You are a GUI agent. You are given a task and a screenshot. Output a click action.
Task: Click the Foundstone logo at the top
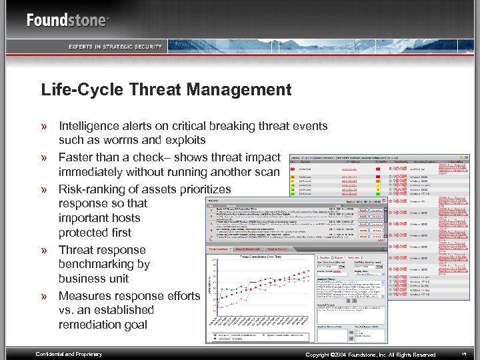coord(67,20)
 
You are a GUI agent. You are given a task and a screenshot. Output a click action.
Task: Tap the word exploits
coord(184,141)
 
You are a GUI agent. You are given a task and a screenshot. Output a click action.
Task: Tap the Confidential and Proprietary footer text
coord(69,354)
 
